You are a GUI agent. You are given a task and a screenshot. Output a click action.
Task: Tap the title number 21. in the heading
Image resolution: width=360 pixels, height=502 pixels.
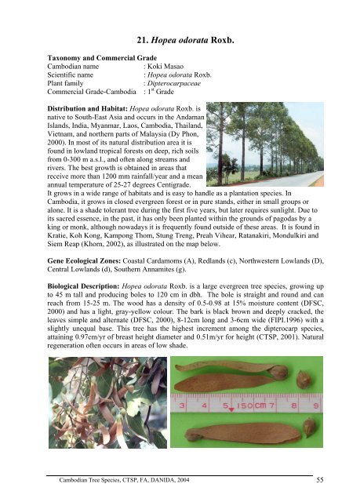[145, 40]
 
